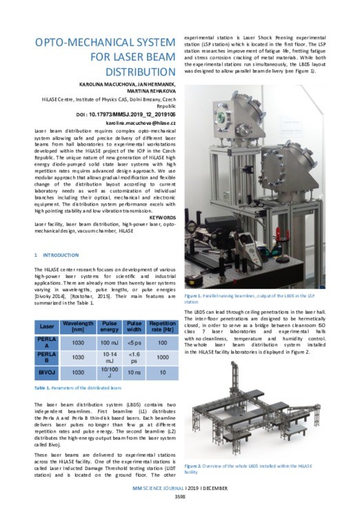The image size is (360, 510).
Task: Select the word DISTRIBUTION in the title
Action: coord(136,72)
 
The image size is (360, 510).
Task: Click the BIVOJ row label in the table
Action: coord(47,373)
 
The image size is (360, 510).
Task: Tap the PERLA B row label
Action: coord(47,357)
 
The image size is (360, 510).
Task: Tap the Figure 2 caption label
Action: coord(197,467)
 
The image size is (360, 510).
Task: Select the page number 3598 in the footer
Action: coord(181,496)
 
